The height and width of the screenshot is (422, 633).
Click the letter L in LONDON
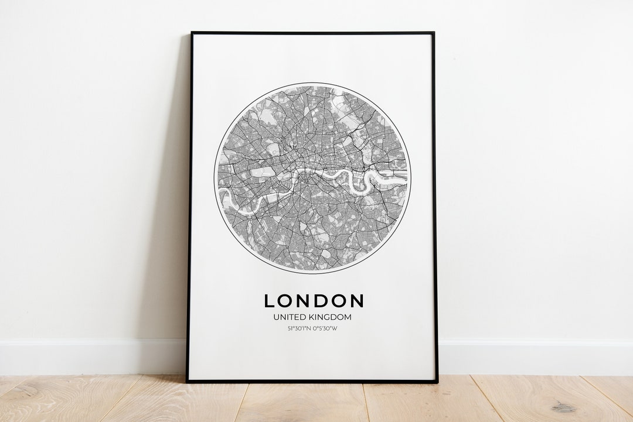(x=270, y=301)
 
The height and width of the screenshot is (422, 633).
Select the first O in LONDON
(x=286, y=301)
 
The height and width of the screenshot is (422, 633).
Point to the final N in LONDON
(x=356, y=301)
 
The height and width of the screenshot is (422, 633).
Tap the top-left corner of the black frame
(x=192, y=33)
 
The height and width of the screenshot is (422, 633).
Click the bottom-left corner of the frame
(x=188, y=381)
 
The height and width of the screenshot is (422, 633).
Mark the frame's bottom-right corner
(x=437, y=381)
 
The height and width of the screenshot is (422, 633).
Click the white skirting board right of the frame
(x=533, y=356)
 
